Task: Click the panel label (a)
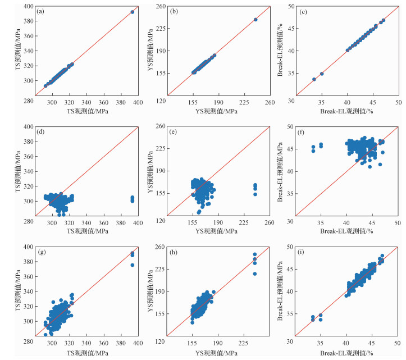(x=40, y=12)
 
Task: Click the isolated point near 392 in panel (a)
(x=133, y=12)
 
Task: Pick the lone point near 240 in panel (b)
(x=256, y=19)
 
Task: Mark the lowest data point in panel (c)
(x=314, y=79)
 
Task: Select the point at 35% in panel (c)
(x=322, y=74)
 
